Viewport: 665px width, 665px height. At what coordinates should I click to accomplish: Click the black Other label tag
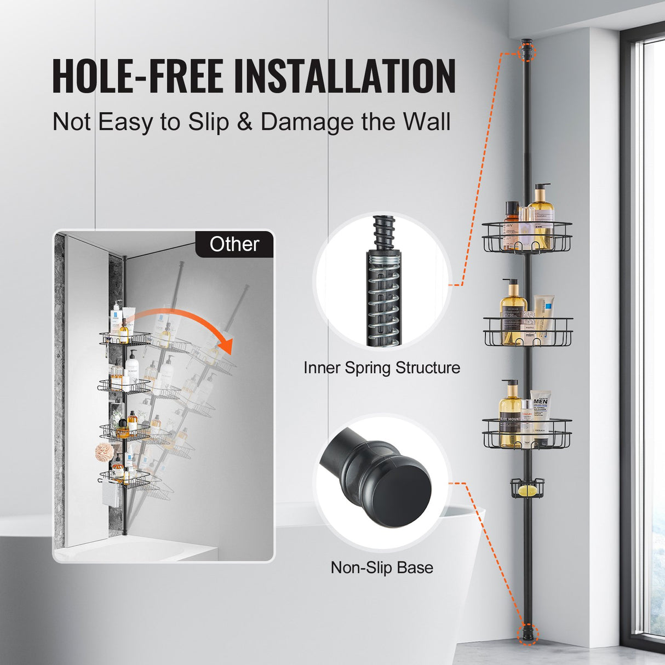[234, 244]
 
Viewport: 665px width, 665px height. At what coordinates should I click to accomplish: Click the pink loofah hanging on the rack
[104, 452]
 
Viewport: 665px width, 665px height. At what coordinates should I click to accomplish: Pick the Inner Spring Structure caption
[382, 368]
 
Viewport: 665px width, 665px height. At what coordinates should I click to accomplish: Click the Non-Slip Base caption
[382, 567]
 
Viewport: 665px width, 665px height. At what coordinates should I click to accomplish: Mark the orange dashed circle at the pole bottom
[528, 634]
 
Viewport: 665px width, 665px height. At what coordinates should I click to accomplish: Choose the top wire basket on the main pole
[527, 237]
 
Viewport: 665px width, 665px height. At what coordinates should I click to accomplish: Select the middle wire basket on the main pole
[528, 331]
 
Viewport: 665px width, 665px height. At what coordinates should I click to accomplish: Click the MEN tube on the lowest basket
[541, 414]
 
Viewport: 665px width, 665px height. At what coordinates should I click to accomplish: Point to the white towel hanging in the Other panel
[108, 493]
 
